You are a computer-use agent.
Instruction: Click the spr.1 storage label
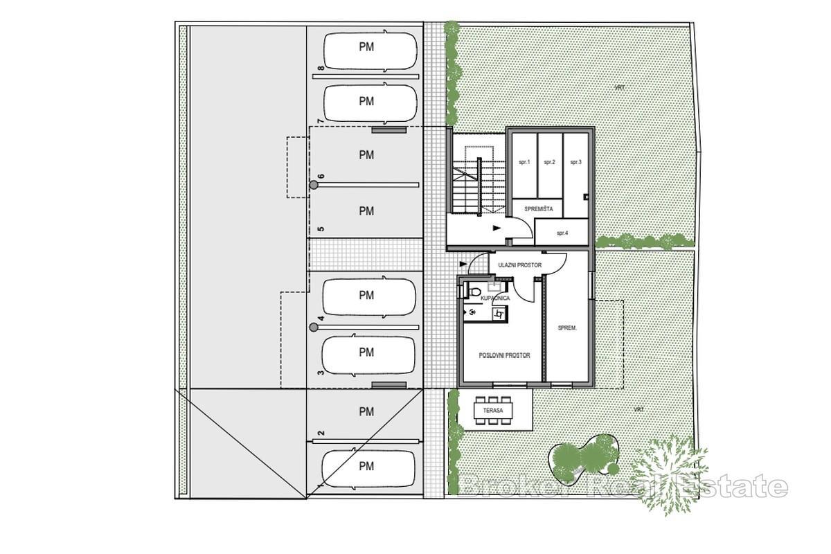click(524, 162)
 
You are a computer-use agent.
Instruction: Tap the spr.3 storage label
click(575, 162)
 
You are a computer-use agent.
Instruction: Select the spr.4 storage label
click(562, 233)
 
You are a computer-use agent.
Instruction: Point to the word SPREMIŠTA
click(537, 207)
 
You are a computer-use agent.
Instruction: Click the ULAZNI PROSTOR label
click(519, 265)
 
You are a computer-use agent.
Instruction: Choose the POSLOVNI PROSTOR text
click(504, 355)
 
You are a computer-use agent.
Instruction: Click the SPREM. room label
click(568, 328)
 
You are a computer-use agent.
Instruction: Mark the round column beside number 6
click(314, 185)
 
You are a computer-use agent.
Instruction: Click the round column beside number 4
click(313, 327)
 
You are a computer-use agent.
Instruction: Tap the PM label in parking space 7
click(366, 101)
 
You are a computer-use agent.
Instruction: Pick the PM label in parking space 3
click(366, 352)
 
